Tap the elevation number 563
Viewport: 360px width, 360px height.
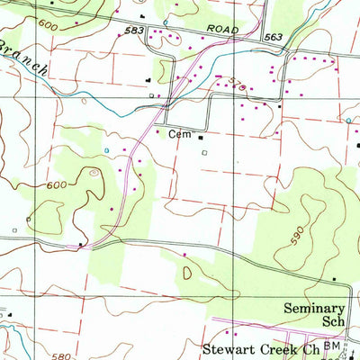tap(274, 37)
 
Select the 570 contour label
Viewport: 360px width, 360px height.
tap(211, 83)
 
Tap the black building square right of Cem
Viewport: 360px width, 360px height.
tap(200, 138)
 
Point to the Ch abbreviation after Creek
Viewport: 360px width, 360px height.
tap(313, 348)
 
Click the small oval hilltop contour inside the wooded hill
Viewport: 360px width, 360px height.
tap(94, 172)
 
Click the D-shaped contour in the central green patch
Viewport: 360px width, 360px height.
tap(186, 271)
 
